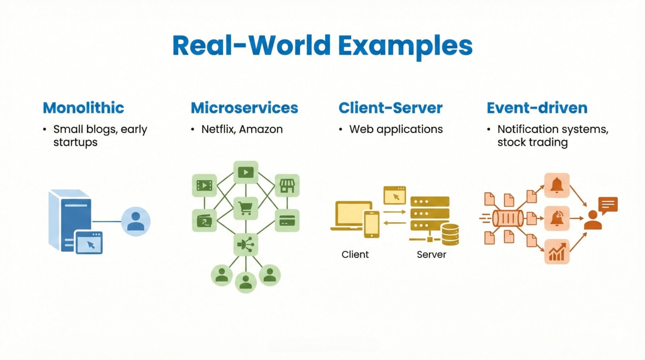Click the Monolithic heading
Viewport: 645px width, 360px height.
(83, 108)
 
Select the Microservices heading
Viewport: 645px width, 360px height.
(245, 108)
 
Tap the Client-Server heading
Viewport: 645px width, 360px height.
(391, 108)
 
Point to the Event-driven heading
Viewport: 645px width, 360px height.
(537, 108)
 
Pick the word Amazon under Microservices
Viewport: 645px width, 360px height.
(261, 130)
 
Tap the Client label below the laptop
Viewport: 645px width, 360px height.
(355, 254)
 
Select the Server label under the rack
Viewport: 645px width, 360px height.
(431, 254)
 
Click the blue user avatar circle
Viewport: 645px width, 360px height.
(135, 221)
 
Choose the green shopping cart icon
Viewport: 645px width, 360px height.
(246, 208)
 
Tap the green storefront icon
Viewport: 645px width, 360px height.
(287, 185)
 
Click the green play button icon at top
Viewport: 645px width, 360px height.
(246, 172)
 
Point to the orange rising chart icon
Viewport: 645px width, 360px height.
(557, 251)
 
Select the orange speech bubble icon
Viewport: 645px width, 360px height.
(608, 205)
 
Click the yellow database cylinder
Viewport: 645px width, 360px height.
(451, 235)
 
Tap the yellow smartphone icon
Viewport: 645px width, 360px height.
(371, 224)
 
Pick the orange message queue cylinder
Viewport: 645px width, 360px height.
(508, 218)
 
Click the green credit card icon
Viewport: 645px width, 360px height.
(287, 221)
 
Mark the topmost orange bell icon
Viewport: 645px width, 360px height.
(557, 185)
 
